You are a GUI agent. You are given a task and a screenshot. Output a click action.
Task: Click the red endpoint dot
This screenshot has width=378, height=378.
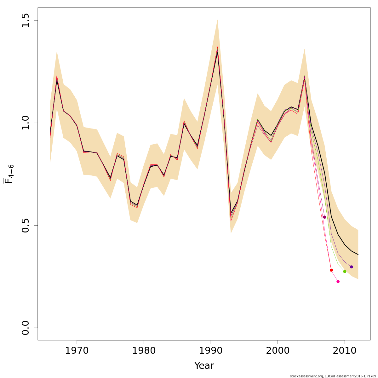pos(331,270)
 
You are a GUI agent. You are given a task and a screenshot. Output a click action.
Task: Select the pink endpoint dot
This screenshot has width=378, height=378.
pos(338,281)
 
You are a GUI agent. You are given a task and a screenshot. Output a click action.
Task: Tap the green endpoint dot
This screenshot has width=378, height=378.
pos(345,271)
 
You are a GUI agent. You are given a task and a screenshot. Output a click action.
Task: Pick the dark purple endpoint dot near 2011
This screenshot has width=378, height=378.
pos(351,267)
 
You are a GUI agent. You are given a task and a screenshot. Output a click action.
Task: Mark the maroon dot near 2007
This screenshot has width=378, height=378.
pos(324,217)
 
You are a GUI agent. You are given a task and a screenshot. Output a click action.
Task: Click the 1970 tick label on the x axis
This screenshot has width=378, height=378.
pos(77,351)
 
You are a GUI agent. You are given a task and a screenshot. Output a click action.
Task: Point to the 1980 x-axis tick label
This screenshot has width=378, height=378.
pos(144,351)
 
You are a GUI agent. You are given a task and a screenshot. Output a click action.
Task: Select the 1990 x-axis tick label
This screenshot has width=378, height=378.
pos(211,351)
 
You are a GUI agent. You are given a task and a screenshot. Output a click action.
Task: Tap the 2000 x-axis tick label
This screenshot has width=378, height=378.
pos(278,351)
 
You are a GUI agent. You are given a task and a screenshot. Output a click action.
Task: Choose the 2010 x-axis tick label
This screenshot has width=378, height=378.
pos(345,351)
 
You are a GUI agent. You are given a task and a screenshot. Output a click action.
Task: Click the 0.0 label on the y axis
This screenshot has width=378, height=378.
pos(26,328)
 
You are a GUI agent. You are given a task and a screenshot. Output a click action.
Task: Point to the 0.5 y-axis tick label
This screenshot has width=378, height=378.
pos(26,225)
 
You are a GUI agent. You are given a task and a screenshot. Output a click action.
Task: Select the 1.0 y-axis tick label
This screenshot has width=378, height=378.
pos(26,123)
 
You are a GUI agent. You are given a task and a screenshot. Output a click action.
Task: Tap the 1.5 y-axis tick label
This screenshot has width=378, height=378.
pos(26,20)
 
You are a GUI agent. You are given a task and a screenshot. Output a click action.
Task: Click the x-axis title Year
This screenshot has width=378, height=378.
pos(204,366)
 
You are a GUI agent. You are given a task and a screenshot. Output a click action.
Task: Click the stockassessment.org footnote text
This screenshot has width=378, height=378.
pos(333,376)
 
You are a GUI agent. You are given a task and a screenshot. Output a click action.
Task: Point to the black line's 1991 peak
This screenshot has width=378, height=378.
pos(217,52)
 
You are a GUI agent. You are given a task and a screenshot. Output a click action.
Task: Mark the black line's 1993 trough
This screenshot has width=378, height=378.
pos(231,213)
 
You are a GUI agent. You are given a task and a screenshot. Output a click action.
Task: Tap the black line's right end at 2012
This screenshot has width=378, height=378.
pos(358,255)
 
